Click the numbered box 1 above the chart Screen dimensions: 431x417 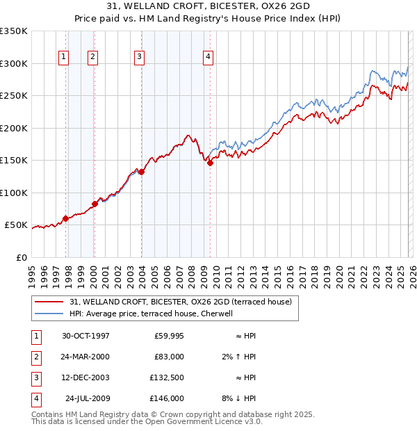64,57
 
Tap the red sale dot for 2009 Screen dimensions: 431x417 210,163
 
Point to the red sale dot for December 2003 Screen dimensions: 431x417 141,172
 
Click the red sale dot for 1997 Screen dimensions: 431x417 66,218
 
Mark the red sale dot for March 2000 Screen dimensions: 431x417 95,204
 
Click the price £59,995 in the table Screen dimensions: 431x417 168,336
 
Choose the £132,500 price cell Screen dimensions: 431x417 167,377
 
